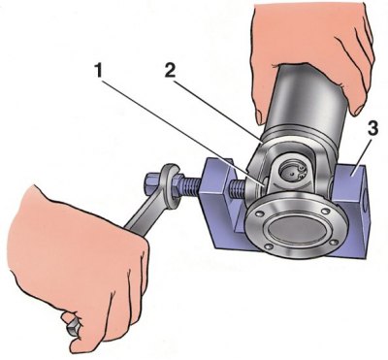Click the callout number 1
click(x=99, y=70)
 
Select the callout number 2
click(x=170, y=70)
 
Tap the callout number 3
click(x=372, y=129)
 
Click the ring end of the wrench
click(x=170, y=187)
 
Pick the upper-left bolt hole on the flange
click(x=258, y=213)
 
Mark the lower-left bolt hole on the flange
click(x=268, y=246)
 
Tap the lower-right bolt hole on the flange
click(x=335, y=242)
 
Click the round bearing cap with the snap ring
click(x=291, y=173)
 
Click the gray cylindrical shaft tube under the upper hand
click(x=308, y=104)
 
